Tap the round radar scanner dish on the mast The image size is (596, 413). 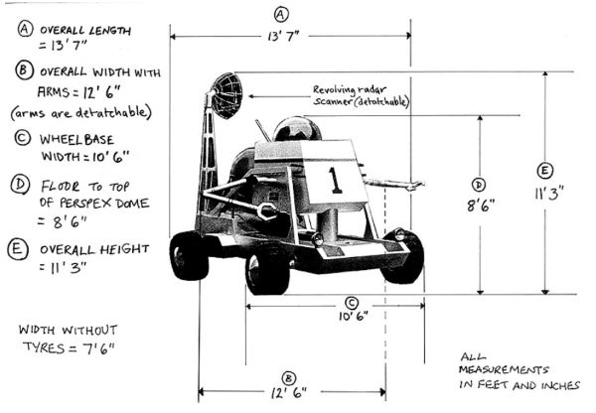pyautogui.click(x=226, y=94)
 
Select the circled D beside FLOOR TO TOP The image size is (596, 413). pyautogui.click(x=20, y=185)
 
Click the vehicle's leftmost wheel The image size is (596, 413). pyautogui.click(x=189, y=255)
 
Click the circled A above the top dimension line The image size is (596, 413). pyautogui.click(x=281, y=14)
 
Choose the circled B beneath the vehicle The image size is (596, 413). pyautogui.click(x=288, y=377)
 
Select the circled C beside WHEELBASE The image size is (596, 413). pyautogui.click(x=20, y=138)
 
